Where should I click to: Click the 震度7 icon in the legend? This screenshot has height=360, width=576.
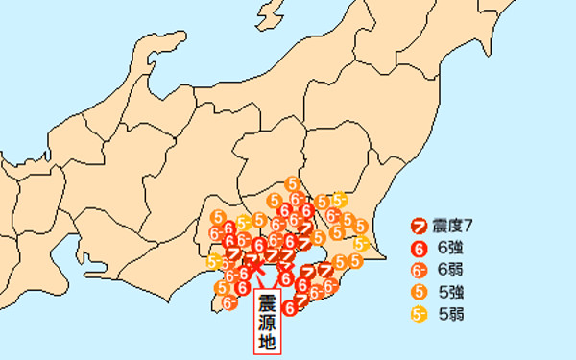[x=419, y=227]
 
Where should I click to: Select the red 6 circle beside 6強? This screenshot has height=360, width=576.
[x=419, y=248]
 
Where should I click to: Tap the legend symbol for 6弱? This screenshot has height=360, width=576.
[x=419, y=270]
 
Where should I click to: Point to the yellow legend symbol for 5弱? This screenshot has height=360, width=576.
[x=419, y=313]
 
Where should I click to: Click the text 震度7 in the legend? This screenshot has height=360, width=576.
[x=454, y=227]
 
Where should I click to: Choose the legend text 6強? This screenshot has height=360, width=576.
[x=450, y=248]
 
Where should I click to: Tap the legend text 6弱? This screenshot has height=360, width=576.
[x=450, y=270]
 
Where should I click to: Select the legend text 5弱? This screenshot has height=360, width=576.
[x=450, y=313]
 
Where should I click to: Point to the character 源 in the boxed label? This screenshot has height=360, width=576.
[x=268, y=322]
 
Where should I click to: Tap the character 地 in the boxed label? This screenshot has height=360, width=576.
[x=268, y=341]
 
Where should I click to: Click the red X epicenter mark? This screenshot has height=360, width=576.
[x=256, y=272]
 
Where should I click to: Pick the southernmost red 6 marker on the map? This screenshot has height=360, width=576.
[x=288, y=307]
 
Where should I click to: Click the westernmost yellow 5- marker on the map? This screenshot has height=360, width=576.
[x=213, y=260]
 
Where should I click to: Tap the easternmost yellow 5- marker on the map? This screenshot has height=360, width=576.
[x=359, y=244]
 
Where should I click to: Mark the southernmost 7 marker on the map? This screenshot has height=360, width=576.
[x=300, y=299]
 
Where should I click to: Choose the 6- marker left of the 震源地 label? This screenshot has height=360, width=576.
[x=229, y=301]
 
